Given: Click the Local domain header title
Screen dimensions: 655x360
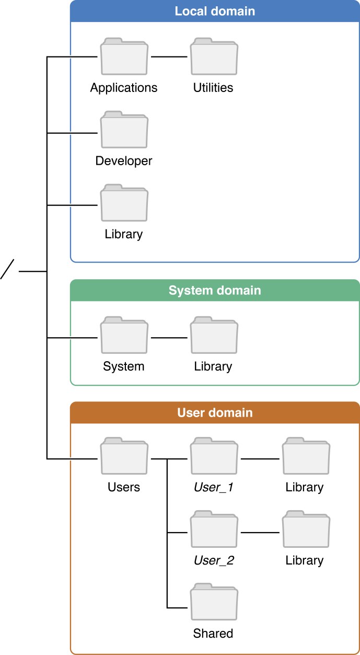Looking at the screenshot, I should (215, 11).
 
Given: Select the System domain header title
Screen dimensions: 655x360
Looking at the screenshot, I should (215, 290).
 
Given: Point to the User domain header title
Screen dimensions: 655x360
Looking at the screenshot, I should (215, 412).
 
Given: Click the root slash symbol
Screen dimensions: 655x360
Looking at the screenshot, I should (7, 269).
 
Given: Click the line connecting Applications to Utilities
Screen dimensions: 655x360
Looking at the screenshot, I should (169, 56).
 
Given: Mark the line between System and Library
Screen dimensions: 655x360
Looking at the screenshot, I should (169, 338).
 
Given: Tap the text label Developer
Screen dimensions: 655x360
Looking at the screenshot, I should (124, 161).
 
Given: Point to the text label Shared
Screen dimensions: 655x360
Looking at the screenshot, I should (213, 634).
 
